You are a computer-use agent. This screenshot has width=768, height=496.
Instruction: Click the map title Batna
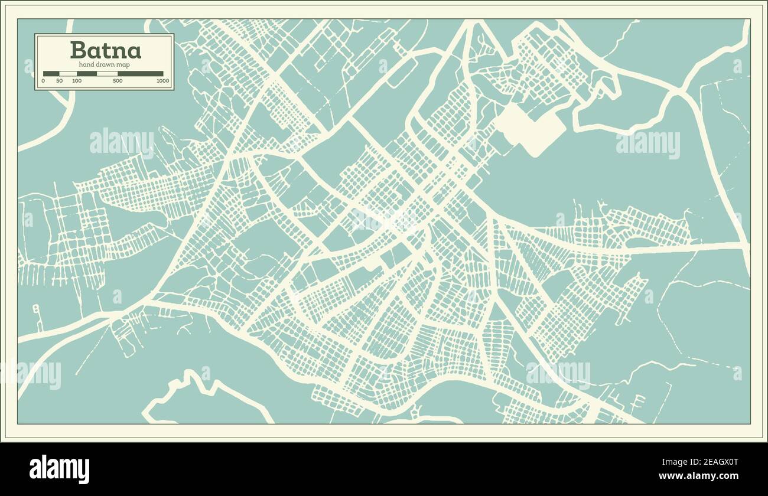[x=105, y=50]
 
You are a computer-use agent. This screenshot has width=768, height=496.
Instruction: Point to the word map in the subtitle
[x=122, y=64]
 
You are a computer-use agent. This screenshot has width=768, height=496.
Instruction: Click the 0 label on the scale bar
[x=43, y=81]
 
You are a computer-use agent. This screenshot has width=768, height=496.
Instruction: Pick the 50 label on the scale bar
[x=59, y=81]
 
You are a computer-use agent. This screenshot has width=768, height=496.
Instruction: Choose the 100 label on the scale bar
[x=77, y=81]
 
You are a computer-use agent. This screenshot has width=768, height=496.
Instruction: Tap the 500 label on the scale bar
[x=118, y=81]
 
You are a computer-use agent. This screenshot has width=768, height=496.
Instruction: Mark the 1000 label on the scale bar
[x=162, y=81]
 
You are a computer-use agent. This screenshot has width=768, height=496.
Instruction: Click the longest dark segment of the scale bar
[x=141, y=74]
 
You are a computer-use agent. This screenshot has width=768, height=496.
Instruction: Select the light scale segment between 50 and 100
[x=68, y=74]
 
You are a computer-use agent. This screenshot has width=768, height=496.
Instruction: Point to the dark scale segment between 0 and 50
[x=51, y=74]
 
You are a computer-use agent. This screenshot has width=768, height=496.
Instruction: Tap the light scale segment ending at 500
[x=107, y=74]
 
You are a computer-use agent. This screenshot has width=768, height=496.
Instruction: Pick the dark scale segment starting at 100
[x=86, y=74]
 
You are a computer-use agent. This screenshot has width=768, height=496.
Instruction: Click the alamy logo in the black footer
[x=60, y=469]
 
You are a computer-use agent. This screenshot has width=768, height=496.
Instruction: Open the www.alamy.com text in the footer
[x=698, y=476]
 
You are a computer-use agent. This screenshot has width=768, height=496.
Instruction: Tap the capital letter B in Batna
[x=77, y=50]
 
